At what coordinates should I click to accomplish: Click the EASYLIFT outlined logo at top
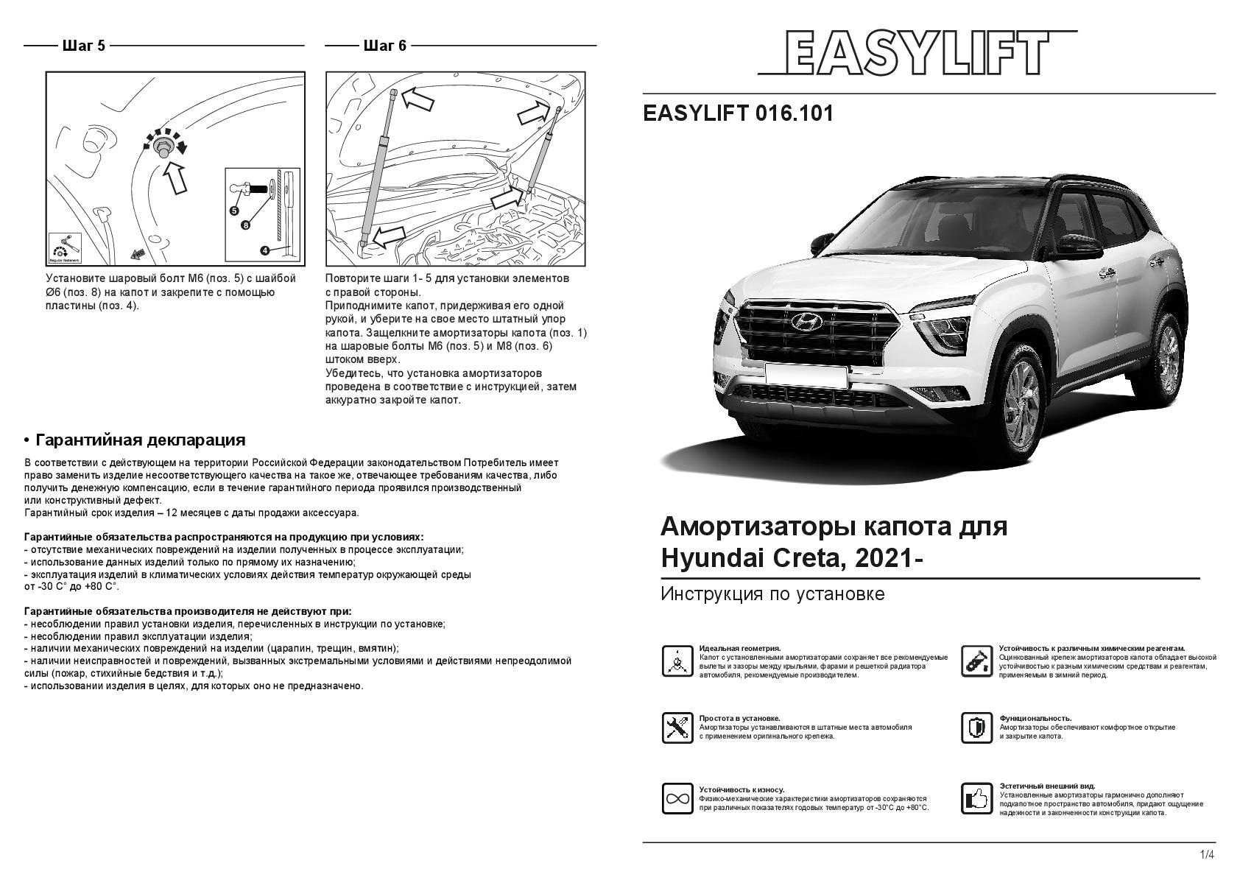pos(917,52)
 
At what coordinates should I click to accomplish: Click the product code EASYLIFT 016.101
pos(738,113)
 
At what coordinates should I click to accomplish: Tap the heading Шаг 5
pos(84,46)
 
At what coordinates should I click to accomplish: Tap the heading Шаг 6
pos(384,46)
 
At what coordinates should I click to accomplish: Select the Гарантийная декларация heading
pos(140,440)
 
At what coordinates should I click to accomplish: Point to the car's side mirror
pos(1075,243)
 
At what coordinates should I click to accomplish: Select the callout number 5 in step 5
pos(234,210)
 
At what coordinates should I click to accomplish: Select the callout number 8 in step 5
pos(246,225)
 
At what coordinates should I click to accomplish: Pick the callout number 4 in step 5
pos(264,250)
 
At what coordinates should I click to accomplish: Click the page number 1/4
pos(1207,855)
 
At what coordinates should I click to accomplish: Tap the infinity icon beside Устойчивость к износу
pos(677,799)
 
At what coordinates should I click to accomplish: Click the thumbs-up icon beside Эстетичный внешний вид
pos(976,799)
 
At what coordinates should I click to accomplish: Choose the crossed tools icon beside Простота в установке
pos(677,728)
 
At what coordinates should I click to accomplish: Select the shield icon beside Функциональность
pos(976,728)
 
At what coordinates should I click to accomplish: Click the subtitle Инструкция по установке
pos(772,594)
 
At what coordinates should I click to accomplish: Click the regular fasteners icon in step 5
pos(64,247)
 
